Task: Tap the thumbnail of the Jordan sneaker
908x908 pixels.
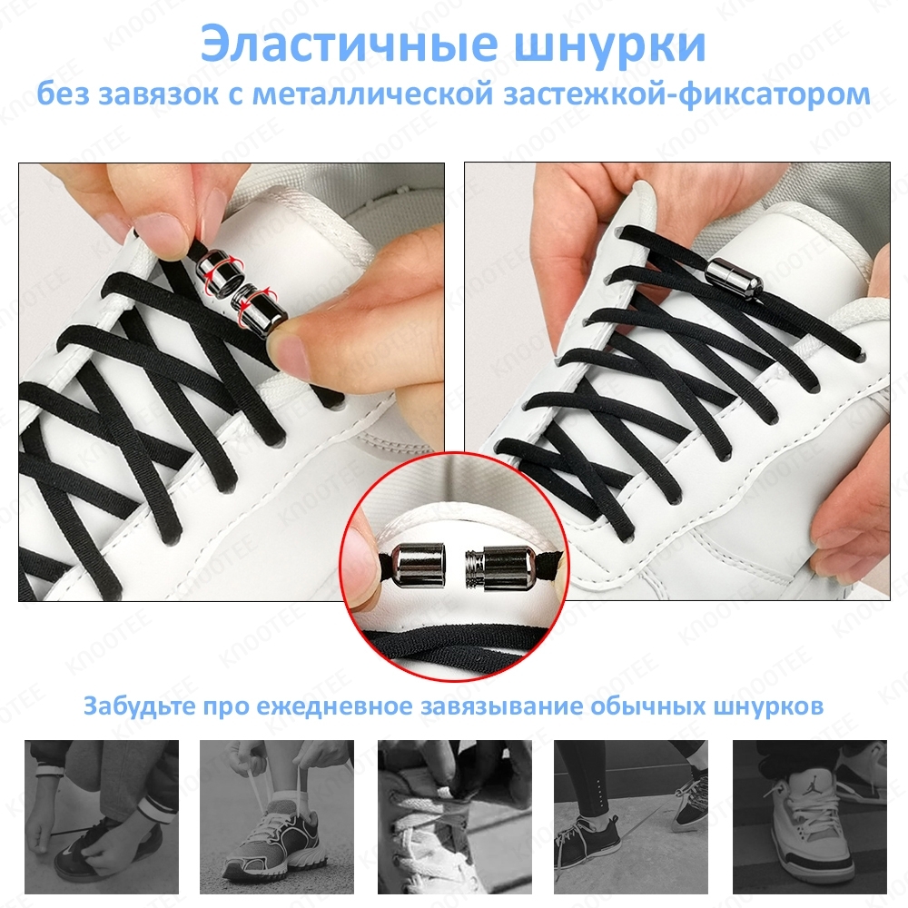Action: coord(810,816)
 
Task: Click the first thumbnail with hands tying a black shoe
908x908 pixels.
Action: coord(102,816)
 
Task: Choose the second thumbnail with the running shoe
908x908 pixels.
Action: coord(277,816)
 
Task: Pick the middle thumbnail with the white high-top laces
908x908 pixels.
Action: coord(455,816)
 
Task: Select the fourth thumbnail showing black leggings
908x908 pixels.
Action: coord(631,816)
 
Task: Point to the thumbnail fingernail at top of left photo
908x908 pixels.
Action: coord(157,231)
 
